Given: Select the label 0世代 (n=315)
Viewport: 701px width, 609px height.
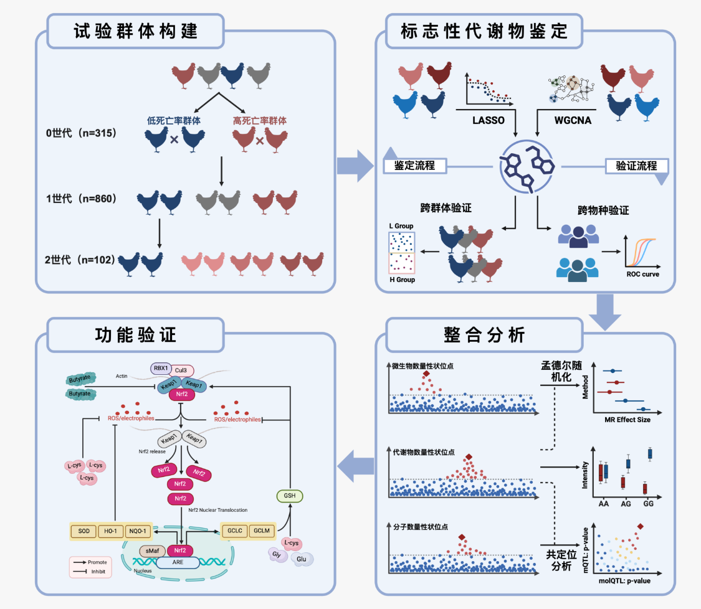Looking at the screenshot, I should coord(82,133).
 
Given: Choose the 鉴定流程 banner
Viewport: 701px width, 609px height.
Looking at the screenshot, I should coord(414,166).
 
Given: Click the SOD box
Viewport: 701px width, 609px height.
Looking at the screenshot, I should coord(85,531).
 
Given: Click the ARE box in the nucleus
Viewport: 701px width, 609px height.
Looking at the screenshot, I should coord(178,562).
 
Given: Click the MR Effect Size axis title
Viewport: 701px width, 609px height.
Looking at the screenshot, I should coord(627,420).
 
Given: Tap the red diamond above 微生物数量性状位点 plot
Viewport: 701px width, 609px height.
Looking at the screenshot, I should coord(426,374).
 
